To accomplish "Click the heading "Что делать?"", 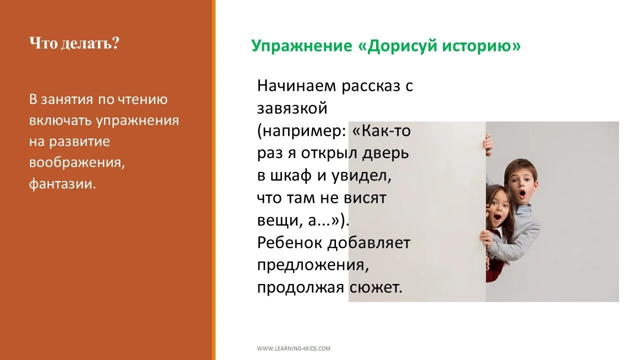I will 74,43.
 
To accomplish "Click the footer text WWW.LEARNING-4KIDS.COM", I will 293,348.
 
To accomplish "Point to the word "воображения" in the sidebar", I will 75,162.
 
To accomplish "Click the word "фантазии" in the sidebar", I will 62,183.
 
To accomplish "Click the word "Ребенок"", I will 290,243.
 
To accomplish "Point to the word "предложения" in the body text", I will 312,265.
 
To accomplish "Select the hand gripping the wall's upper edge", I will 488,143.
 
